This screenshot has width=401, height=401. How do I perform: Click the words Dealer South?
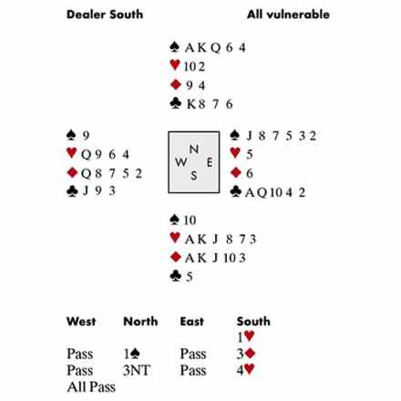point(105,15)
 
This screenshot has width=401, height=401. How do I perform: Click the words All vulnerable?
point(288,15)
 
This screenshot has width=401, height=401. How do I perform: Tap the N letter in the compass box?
point(194,149)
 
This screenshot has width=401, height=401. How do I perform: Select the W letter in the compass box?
point(181,162)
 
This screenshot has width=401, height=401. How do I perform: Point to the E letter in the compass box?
point(210,162)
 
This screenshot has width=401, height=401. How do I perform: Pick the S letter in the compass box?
point(194,176)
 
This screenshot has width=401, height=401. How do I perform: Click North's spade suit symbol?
point(174,46)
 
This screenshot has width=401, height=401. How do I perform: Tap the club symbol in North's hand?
point(176,104)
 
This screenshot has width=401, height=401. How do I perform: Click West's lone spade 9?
point(86,136)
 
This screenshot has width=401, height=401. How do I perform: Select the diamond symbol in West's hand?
point(72,172)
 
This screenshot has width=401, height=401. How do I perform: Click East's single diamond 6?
point(250,173)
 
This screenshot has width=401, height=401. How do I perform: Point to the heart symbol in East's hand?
point(235,153)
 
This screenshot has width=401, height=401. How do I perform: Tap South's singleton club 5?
point(189,277)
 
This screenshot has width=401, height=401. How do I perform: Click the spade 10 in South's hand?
point(190,220)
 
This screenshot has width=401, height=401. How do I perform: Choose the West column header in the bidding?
point(81,322)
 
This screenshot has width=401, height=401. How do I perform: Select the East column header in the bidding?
point(191,322)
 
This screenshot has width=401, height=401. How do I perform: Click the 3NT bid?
point(137,370)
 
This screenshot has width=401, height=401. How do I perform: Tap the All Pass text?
point(91,387)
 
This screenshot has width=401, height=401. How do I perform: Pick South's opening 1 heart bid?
point(245,336)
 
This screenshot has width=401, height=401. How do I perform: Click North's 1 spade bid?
point(131,354)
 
